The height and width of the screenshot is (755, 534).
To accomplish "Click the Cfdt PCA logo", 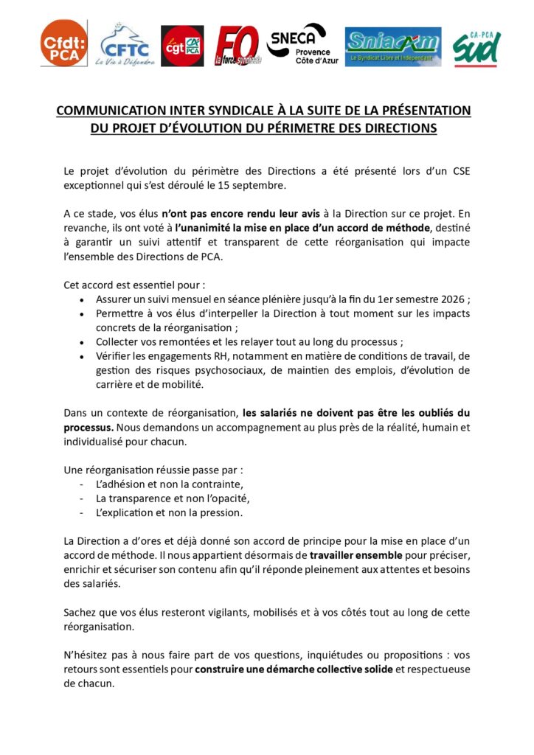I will [63, 44].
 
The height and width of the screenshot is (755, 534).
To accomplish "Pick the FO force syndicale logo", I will [237, 46].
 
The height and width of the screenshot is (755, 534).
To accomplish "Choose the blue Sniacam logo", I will [393, 46].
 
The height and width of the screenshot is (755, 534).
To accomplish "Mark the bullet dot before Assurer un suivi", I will [81, 300].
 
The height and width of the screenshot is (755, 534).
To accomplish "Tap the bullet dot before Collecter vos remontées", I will [81, 342].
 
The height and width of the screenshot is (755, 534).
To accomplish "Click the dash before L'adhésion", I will [81, 484].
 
